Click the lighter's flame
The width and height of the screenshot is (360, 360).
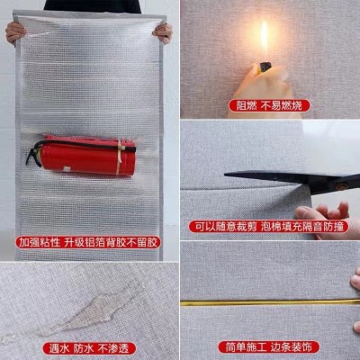[264, 38]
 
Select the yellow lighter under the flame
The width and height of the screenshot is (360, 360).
[264, 67]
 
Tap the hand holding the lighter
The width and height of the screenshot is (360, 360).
[256, 90]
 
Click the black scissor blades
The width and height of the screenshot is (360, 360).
[270, 177]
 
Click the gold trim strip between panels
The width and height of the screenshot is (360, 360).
[270, 303]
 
